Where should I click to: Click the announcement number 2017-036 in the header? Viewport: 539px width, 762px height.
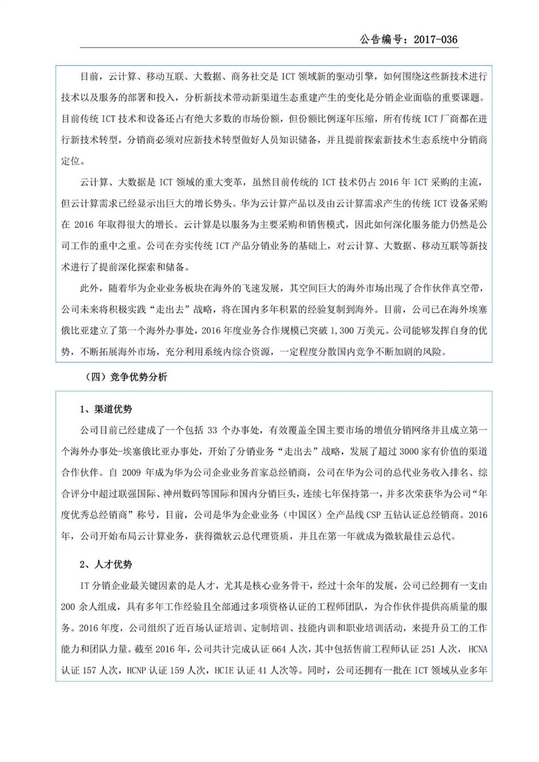click(435, 40)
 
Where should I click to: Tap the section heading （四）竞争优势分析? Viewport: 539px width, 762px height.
click(126, 377)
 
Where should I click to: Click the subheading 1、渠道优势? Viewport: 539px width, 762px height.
click(106, 409)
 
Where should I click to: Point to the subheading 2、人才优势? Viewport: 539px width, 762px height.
click(106, 564)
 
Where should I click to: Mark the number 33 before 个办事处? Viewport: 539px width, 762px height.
click(212, 430)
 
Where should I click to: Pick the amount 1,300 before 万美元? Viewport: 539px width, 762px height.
click(344, 330)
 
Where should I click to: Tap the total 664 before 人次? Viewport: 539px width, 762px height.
click(279, 649)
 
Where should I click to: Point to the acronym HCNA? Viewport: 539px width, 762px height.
click(477, 649)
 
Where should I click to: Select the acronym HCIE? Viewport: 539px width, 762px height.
click(224, 670)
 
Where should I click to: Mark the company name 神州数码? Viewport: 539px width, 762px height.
click(180, 494)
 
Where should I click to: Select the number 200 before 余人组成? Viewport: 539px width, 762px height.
click(68, 607)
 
